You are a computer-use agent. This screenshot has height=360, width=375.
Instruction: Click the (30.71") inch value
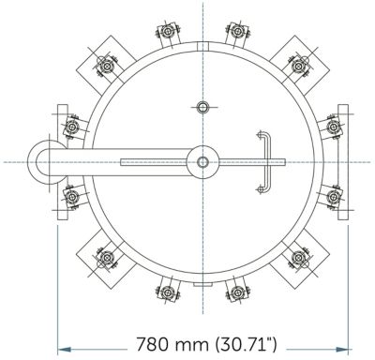pos(246,344)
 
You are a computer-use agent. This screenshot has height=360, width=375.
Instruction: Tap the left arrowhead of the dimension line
pos(65,350)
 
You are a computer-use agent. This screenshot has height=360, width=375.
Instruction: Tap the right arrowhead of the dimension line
pos(341,350)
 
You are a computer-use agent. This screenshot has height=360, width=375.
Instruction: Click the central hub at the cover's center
pos(202,162)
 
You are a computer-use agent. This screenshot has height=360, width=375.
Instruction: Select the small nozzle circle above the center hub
pos(202,108)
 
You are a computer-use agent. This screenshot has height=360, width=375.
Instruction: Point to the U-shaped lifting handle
pos(264,162)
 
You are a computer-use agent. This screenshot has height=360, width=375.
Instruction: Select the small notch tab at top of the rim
pos(202,46)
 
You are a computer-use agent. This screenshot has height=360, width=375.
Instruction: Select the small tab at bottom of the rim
pos(202,284)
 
